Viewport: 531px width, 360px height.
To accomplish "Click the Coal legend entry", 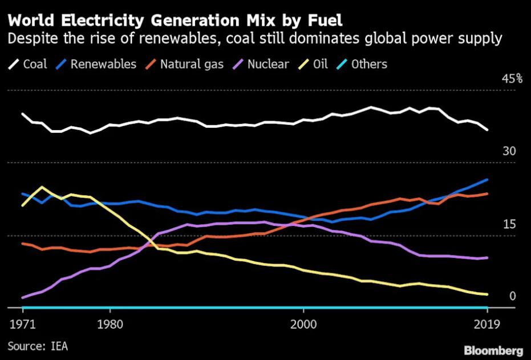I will pos(29,64).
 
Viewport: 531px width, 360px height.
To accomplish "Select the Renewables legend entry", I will pos(96,64).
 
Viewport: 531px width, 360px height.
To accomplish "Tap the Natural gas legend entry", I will pos(185,64).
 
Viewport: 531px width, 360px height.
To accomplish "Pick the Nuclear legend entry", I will pos(262,64).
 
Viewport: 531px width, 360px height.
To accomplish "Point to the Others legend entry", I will pos(363,64).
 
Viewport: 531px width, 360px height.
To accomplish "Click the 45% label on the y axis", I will pos(512,79).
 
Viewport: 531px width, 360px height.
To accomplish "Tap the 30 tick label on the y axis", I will pos(509,152).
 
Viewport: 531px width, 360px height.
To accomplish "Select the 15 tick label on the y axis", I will pos(509,224).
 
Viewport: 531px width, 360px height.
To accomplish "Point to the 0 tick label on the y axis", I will pos(512,296).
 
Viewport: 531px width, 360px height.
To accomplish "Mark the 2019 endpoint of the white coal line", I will pos(487,130).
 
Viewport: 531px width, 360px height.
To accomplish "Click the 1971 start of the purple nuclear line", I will pos(22,298).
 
